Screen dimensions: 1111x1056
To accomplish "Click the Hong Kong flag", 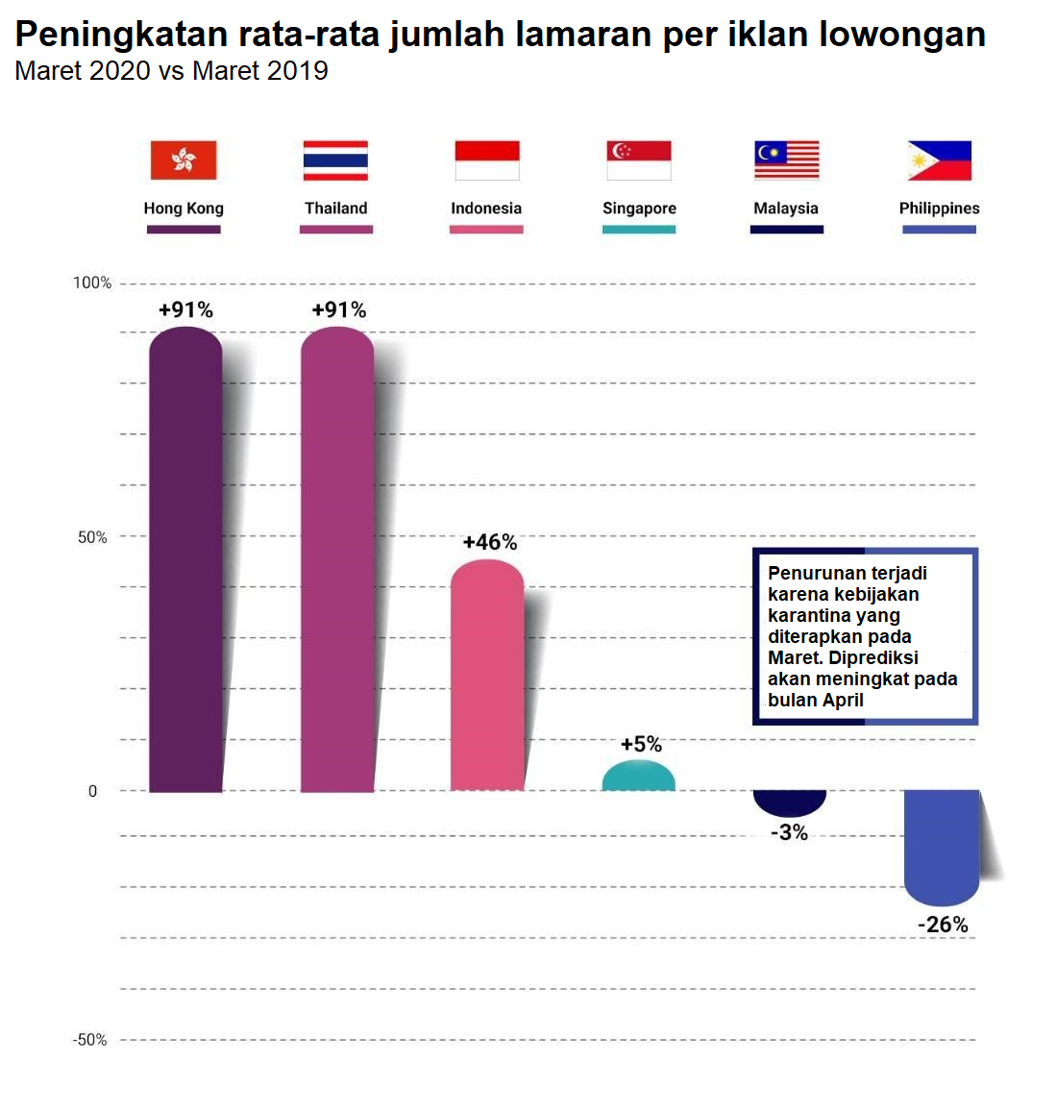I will click(184, 160).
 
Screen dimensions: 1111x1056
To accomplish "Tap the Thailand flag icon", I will click(335, 160).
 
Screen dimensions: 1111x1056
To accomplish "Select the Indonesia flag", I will click(486, 160).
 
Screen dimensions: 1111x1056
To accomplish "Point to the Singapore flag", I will click(639, 160).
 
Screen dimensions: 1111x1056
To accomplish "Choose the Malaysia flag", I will click(787, 160).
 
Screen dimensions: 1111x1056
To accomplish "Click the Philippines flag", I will click(940, 160).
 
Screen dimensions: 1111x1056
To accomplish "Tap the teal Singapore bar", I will click(639, 777).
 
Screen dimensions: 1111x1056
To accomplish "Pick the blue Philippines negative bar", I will click(942, 847).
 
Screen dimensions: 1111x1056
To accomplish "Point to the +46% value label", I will click(490, 542).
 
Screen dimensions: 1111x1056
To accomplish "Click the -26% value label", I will click(943, 925).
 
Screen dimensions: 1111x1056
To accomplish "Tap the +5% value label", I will click(641, 744).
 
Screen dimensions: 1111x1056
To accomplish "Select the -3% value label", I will click(789, 832).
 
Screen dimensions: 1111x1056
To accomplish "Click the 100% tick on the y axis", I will click(92, 283).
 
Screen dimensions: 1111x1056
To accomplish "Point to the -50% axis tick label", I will click(89, 1040).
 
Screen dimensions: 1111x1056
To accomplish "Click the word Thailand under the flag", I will click(336, 208).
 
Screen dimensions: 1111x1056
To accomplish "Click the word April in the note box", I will click(843, 700).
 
